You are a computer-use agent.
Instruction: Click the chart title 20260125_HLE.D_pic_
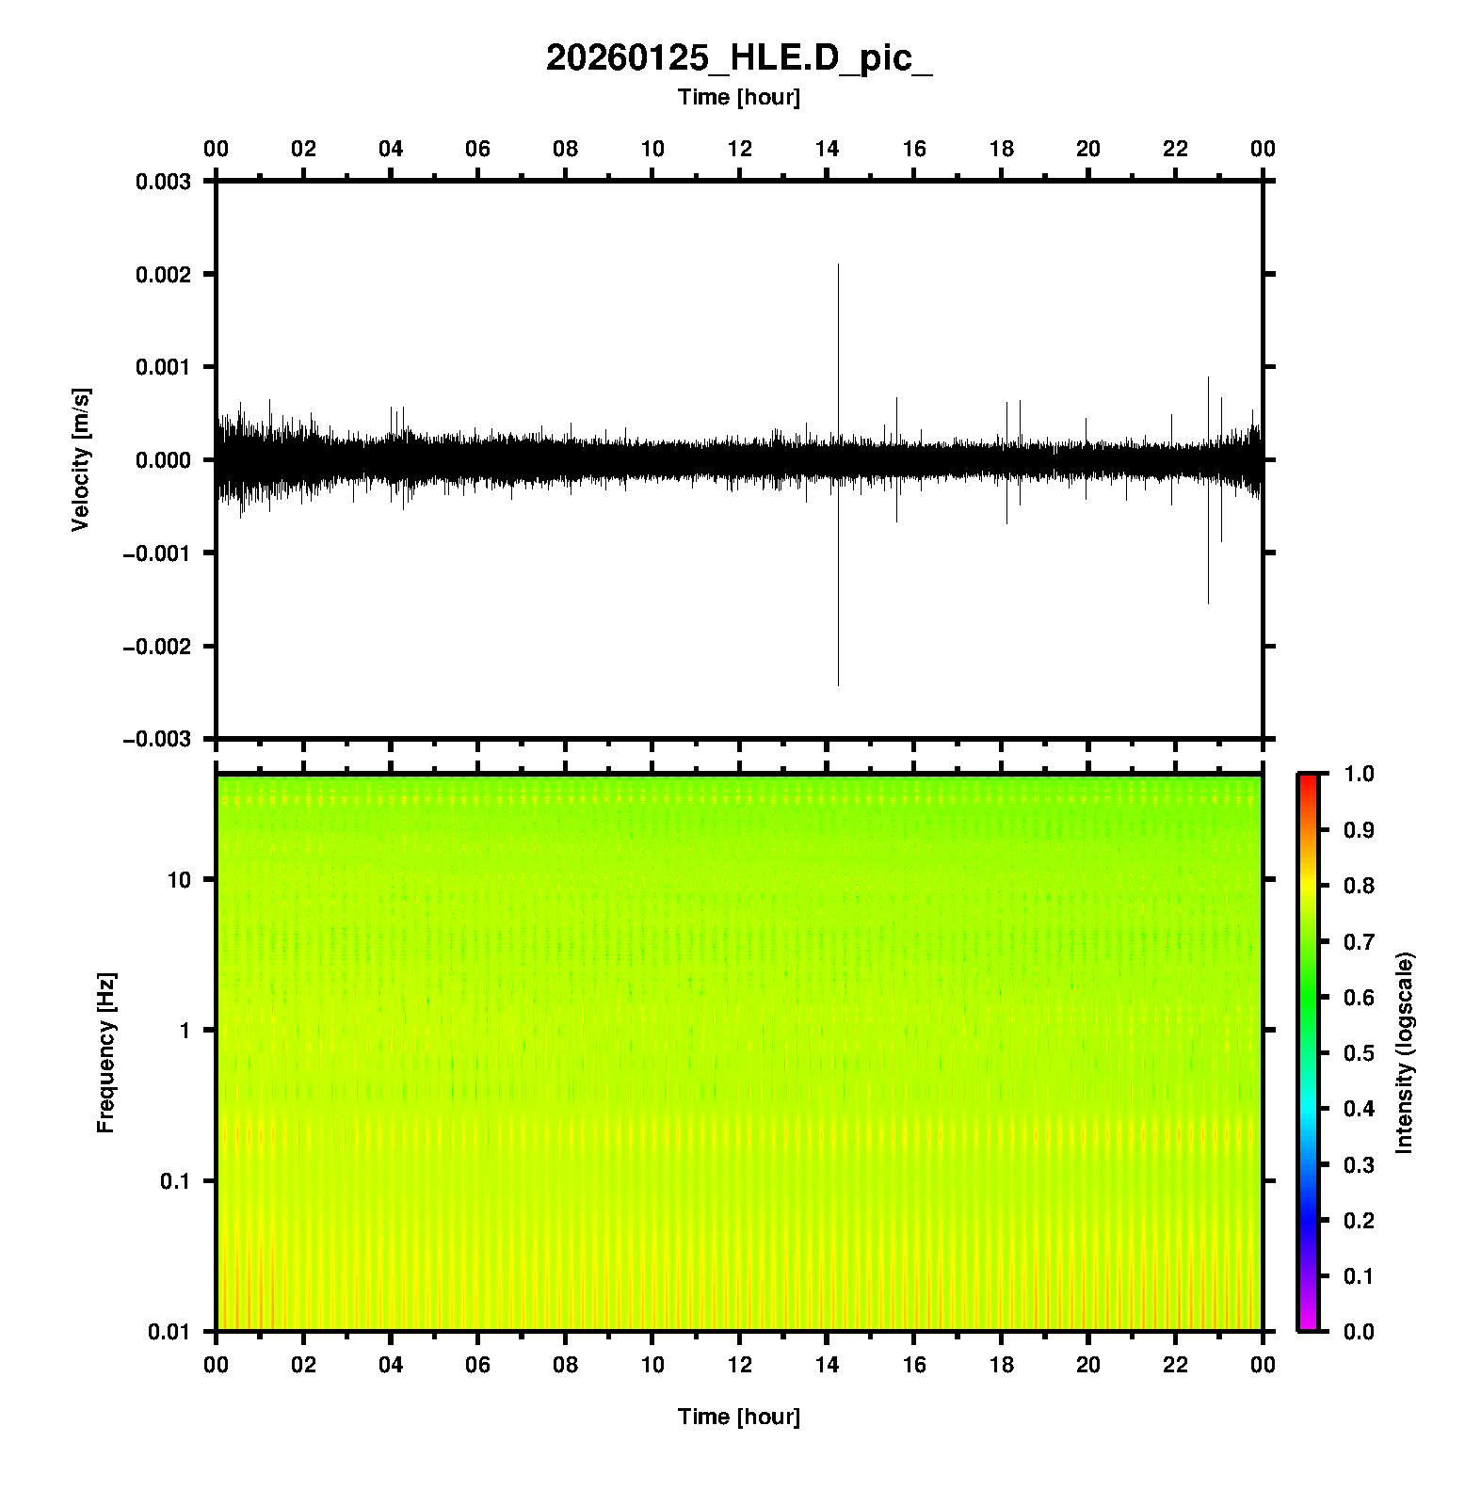tap(739, 58)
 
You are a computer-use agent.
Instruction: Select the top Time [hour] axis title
tap(739, 97)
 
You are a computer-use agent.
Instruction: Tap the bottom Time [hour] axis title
tap(739, 1417)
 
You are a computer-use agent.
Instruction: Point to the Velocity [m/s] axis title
tap(81, 459)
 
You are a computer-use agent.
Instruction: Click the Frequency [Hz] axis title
tap(105, 1053)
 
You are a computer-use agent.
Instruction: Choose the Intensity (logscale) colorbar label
tap(1405, 1053)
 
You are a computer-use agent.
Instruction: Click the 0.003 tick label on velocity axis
tap(163, 182)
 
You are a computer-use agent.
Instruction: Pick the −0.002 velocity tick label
tap(156, 647)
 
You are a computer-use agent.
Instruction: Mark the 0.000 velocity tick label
tap(163, 460)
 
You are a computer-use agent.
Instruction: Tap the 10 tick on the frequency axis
tap(179, 880)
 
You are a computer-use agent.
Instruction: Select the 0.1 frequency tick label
tap(175, 1181)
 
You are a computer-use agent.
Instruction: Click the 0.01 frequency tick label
tap(169, 1332)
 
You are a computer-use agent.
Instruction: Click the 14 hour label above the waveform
tap(827, 149)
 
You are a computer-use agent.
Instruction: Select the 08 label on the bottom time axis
tap(565, 1365)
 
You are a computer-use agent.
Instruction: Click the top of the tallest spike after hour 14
tap(838, 265)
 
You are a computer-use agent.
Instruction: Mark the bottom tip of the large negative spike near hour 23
tap(1208, 603)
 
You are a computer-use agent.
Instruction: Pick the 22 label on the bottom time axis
tap(1176, 1365)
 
